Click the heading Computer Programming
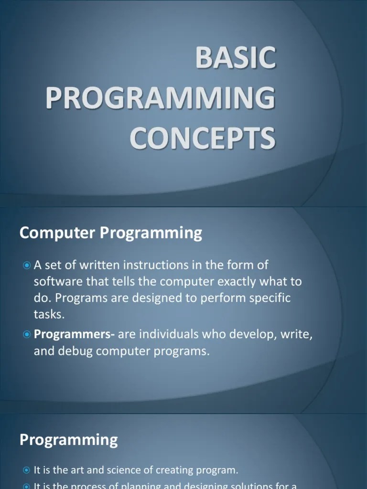(x=111, y=233)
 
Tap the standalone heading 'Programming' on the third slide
(x=68, y=439)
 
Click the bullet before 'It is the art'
(x=27, y=470)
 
